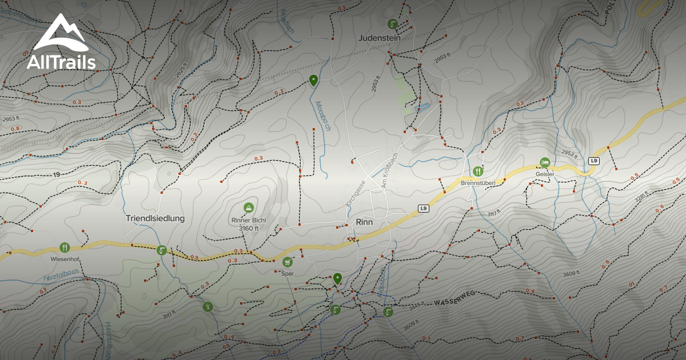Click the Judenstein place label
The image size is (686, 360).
point(379,38)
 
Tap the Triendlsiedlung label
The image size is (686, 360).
point(155,218)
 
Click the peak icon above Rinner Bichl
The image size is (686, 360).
point(248,207)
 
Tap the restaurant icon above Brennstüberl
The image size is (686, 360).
point(478,171)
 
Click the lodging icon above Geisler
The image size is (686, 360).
point(544,163)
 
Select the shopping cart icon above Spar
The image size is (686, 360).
point(287,262)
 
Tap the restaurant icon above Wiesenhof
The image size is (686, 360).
point(64,247)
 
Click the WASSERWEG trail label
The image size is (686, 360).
point(455,301)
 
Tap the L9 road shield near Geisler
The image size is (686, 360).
point(594,161)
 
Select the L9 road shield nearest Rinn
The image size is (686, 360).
point(422,209)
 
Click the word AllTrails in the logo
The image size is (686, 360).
point(61,62)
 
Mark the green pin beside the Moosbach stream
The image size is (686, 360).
point(313,81)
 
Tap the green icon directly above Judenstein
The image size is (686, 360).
point(392,24)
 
